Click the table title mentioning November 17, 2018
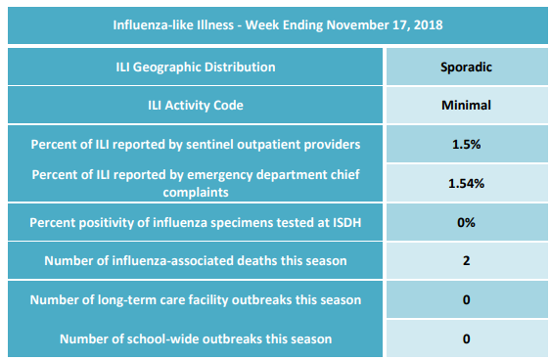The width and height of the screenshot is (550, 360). tap(278, 25)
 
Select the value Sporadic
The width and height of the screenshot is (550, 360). tap(466, 67)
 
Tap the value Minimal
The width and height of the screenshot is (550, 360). tap(466, 105)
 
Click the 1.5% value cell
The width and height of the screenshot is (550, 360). tap(466, 145)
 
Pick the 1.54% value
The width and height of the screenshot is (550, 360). tap(466, 183)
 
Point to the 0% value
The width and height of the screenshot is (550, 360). tap(466, 223)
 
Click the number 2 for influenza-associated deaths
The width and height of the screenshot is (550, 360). tap(466, 261)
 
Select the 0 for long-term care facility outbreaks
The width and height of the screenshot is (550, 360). tap(466, 299)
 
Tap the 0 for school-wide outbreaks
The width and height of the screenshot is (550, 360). tap(466, 339)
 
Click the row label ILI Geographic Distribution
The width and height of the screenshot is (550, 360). tap(196, 67)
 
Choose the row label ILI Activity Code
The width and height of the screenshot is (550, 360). tap(196, 105)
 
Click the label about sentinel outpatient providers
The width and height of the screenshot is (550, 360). tap(196, 145)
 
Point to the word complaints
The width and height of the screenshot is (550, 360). tap(196, 193)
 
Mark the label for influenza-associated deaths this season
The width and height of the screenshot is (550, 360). tap(196, 261)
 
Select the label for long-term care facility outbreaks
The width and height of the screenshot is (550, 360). tap(196, 300)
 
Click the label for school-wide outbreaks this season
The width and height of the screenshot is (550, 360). tap(196, 339)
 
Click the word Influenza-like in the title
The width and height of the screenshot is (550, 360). tap(148, 25)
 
